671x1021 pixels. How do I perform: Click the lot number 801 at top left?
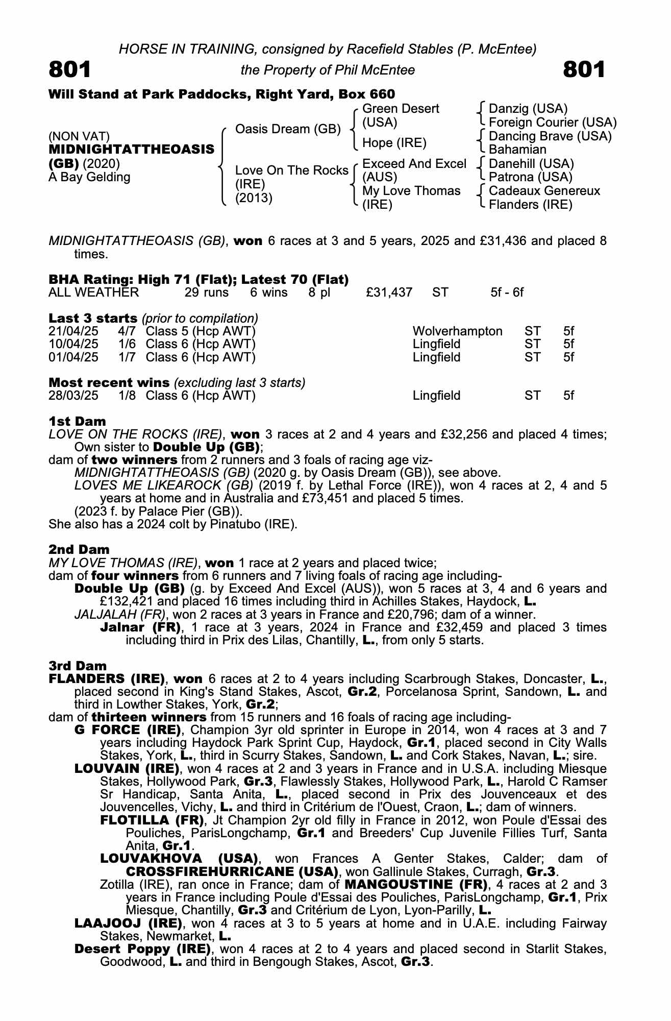pos(70,69)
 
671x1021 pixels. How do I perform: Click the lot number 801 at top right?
pos(584,69)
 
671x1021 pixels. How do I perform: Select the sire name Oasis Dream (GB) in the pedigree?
pos(288,129)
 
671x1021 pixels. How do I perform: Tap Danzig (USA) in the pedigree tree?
pos(528,109)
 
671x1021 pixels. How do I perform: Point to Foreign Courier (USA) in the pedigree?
pos(553,123)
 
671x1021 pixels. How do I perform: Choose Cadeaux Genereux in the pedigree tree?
pos(544,191)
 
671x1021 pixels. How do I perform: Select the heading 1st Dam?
pos(78,421)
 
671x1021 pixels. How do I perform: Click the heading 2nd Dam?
pos(79,550)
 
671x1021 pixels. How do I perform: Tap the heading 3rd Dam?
pos(78,666)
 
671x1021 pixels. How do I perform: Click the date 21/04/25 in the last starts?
pos(73,331)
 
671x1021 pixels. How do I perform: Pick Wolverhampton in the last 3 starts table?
pos(457,331)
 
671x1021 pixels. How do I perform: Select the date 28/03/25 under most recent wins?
pos(73,396)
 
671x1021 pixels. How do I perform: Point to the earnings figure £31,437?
pos(389,293)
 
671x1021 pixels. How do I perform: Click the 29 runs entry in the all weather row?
pos(206,293)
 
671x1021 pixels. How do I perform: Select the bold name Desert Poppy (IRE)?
pos(143,949)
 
